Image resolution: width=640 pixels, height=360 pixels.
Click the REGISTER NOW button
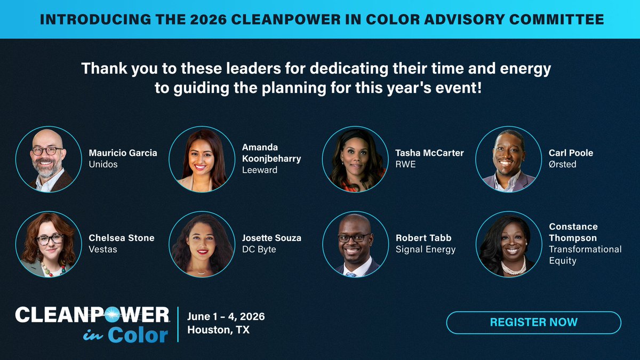point(533,322)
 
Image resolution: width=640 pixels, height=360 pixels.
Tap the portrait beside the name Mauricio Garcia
point(48,159)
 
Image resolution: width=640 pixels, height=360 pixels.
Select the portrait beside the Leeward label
point(202,159)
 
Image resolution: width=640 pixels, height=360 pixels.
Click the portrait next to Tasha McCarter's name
point(356,159)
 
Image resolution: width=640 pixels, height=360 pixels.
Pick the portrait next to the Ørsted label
point(509,159)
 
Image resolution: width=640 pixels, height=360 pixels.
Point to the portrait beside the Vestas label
point(48,244)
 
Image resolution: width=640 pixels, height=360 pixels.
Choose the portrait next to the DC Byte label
point(202,244)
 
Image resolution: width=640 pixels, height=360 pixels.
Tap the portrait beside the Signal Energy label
point(356,244)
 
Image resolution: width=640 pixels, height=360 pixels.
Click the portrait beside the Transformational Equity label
point(509,244)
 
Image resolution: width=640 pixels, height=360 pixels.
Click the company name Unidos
point(103,164)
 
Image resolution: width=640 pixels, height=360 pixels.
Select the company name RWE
point(405,164)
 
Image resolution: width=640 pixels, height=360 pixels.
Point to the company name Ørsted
point(563,164)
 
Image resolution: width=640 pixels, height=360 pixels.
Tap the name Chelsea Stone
point(121,238)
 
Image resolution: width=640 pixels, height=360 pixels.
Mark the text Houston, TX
point(218,330)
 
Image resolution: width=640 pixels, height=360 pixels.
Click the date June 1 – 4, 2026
point(226,316)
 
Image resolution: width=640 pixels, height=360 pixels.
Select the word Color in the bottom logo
point(138,335)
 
